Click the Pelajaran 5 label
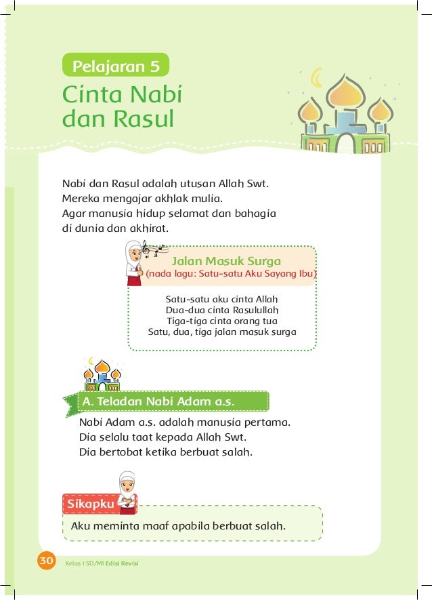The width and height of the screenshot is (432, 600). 115,66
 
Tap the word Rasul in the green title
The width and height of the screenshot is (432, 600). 143,119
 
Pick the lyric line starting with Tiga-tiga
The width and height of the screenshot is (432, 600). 222,321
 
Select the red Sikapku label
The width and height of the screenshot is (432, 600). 89,504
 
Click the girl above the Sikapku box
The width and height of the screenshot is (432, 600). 127,491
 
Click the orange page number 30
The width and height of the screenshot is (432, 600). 45,561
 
